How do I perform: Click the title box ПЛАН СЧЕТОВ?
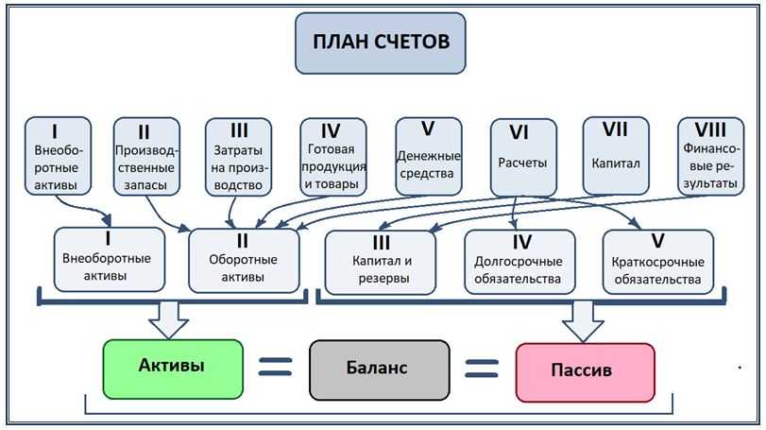(380, 43)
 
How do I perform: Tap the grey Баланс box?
(379, 369)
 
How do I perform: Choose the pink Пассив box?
(585, 370)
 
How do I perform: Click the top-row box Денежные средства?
(428, 156)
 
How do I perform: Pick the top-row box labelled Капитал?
(616, 156)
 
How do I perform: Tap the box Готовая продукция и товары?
(333, 156)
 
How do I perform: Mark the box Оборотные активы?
(244, 259)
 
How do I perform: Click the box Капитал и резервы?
(381, 261)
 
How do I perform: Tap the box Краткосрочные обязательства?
(656, 261)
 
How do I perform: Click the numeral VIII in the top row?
(709, 129)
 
